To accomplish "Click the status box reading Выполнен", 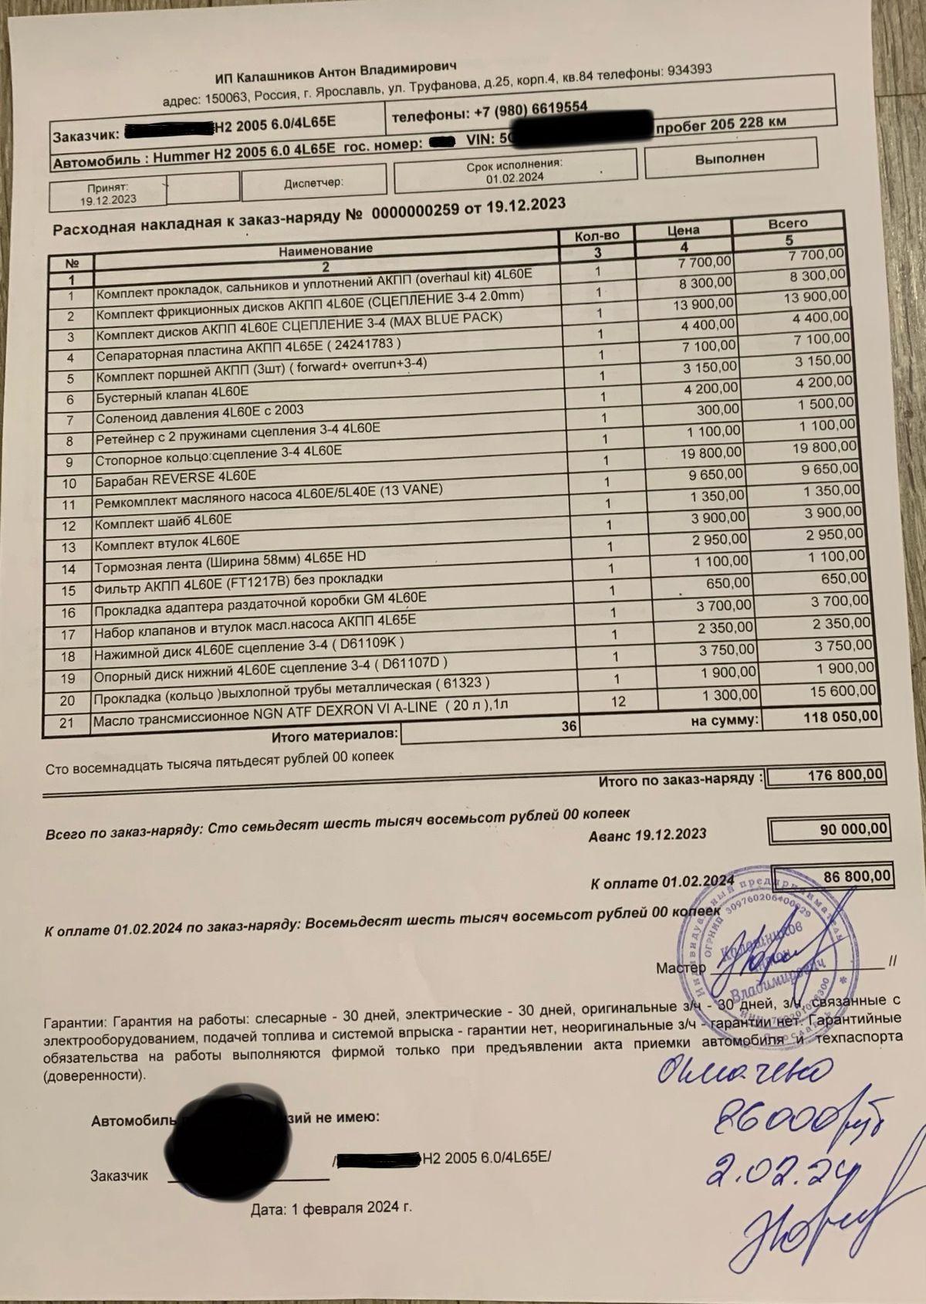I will (729, 157).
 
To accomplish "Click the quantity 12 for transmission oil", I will (616, 702).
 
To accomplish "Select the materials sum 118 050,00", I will (840, 717).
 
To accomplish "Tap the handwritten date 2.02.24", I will (779, 1176).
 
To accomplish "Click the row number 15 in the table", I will (69, 591).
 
